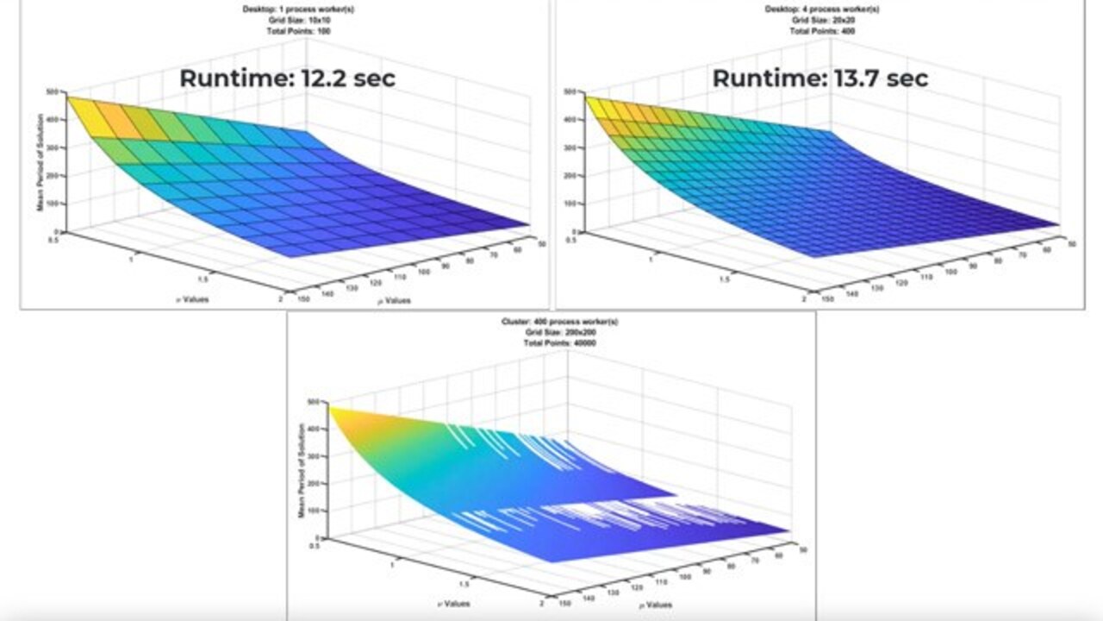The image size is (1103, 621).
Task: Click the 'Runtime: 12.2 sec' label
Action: click(287, 78)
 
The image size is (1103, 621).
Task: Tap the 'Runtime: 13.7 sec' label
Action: click(819, 78)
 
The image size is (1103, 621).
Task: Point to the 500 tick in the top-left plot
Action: click(53, 91)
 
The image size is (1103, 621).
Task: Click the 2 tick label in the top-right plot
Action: click(802, 298)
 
